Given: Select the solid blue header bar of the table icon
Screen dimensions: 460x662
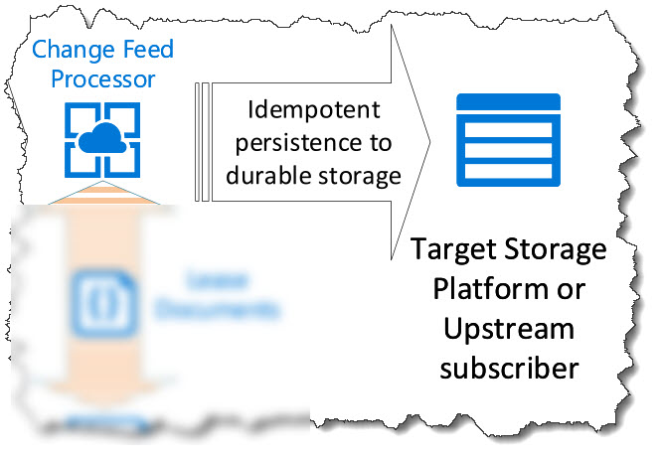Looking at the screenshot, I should point(508,101).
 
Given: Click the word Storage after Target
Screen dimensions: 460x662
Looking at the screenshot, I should point(559,248).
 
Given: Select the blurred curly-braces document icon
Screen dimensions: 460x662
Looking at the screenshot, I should point(97,296).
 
